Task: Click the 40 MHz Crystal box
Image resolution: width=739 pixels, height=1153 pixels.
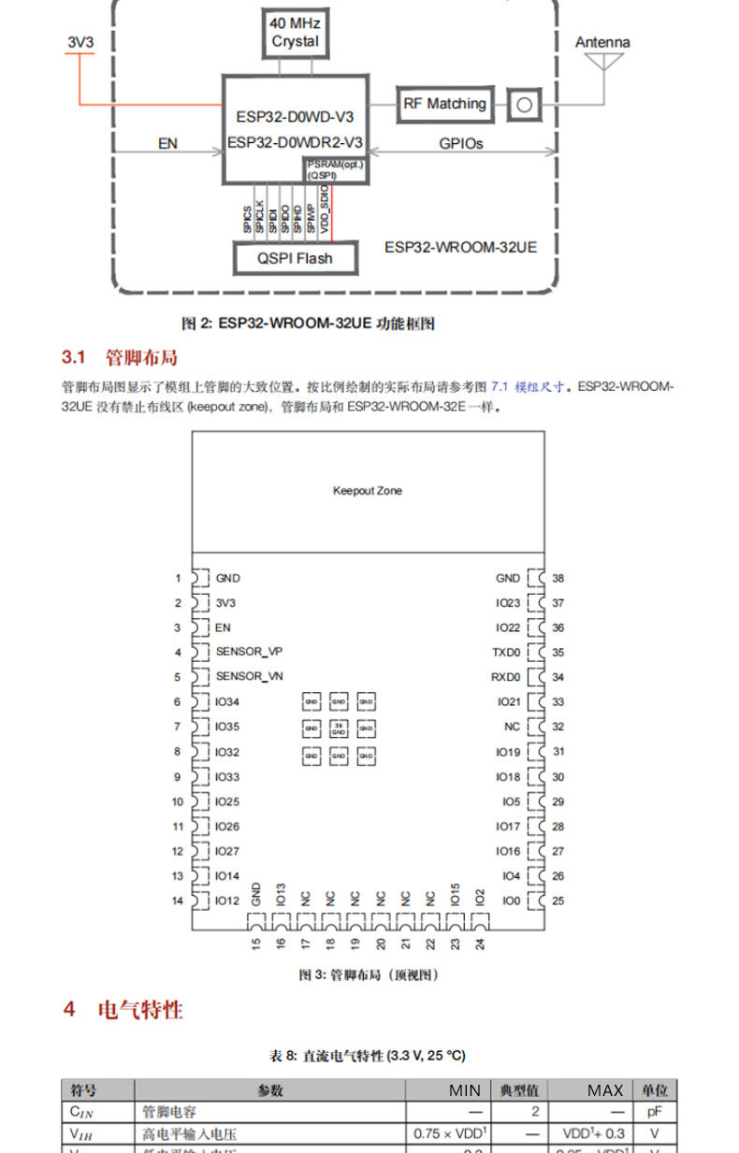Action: pyautogui.click(x=295, y=34)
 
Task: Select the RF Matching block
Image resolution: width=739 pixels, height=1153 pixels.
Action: pyautogui.click(x=444, y=104)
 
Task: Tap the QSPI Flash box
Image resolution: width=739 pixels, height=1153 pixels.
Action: pyautogui.click(x=295, y=258)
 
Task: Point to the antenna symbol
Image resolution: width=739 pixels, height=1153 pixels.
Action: pyautogui.click(x=602, y=62)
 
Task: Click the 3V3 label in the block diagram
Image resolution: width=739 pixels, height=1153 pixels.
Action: pyautogui.click(x=80, y=42)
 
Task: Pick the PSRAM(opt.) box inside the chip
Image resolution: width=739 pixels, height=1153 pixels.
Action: pyautogui.click(x=334, y=169)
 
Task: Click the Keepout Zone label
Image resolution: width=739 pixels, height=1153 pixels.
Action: pyautogui.click(x=368, y=491)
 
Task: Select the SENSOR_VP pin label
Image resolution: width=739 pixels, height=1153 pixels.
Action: pyautogui.click(x=249, y=652)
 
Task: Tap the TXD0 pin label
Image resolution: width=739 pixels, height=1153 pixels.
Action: pyautogui.click(x=507, y=652)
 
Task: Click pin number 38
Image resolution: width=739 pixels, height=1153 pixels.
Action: pyautogui.click(x=558, y=579)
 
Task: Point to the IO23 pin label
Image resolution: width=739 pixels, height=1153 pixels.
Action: pyautogui.click(x=507, y=603)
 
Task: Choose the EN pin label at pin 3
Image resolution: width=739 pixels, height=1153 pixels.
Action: pyautogui.click(x=223, y=627)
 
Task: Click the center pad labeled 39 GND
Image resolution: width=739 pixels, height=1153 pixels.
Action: pyautogui.click(x=339, y=728)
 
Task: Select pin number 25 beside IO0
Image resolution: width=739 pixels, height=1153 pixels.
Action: pyautogui.click(x=558, y=901)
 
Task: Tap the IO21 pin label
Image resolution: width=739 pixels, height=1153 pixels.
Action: pyautogui.click(x=507, y=701)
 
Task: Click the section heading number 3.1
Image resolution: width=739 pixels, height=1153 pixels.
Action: pyautogui.click(x=73, y=357)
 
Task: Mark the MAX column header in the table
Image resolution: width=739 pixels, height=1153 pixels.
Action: pyautogui.click(x=605, y=1089)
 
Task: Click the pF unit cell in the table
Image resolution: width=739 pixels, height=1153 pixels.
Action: pyautogui.click(x=654, y=1112)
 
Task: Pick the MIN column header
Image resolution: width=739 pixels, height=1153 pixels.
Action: pyautogui.click(x=464, y=1089)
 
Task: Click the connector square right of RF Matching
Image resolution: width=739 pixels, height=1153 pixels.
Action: pyautogui.click(x=524, y=104)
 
